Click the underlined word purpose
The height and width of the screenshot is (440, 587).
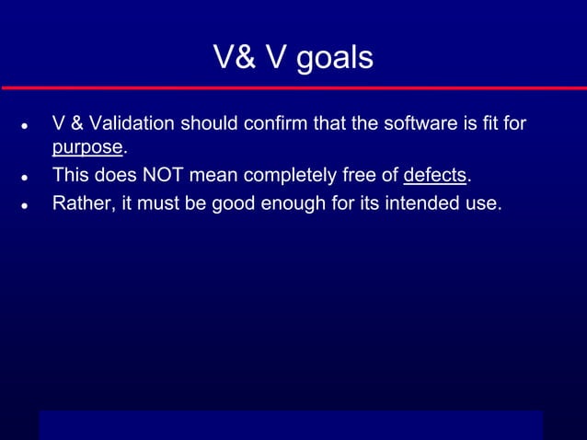point(87,148)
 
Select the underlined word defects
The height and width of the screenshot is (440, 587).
point(435,176)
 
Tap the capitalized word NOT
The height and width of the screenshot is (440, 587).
point(164,176)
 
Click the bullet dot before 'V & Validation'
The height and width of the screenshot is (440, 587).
point(23,125)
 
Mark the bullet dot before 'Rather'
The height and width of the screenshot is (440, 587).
point(23,204)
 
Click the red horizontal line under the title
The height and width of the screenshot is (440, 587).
point(293,87)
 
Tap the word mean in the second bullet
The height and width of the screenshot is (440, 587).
point(215,176)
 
